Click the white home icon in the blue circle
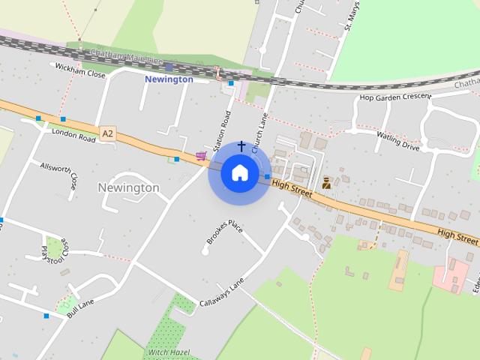pyautogui.click(x=239, y=173)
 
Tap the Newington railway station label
pyautogui.click(x=169, y=79)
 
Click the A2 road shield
pyautogui.click(x=109, y=133)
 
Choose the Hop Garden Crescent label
pyautogui.click(x=395, y=97)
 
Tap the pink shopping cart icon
pyautogui.click(x=200, y=156)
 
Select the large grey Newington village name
pyautogui.click(x=129, y=187)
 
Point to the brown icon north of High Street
pyautogui.click(x=326, y=182)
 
